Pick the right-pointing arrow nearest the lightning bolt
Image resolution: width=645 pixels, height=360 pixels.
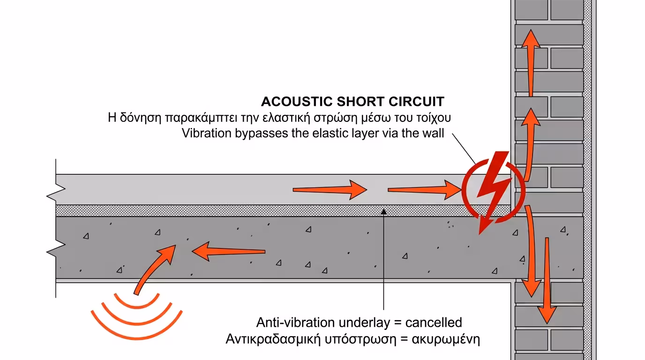(424, 190)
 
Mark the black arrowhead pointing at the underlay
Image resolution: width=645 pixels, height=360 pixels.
(384, 212)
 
